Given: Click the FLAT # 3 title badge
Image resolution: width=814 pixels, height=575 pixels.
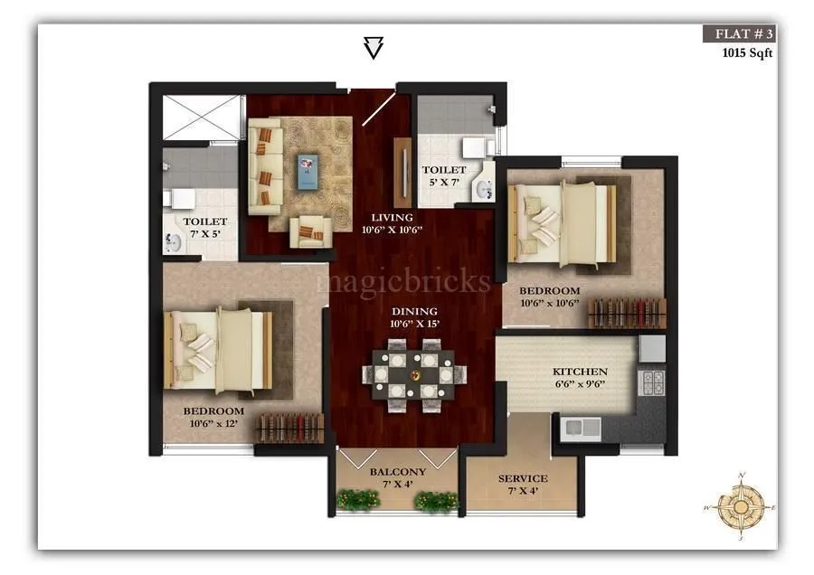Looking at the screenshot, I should tap(739, 34).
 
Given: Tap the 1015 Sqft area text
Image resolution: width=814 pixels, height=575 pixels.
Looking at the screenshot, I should tap(746, 52).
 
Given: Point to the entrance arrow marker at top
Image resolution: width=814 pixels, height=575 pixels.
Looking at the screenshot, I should tap(373, 48).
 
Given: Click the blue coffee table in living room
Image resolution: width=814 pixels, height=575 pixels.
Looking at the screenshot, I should tap(309, 165).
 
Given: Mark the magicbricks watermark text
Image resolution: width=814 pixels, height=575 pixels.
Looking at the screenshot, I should tap(403, 281).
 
